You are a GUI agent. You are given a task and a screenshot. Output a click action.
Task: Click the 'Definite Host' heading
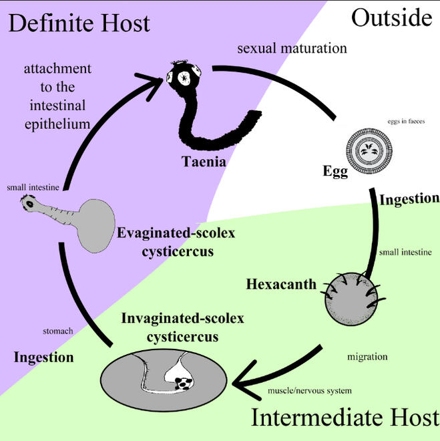point(79,23)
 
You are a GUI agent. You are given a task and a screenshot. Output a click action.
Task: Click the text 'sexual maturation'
point(292,49)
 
